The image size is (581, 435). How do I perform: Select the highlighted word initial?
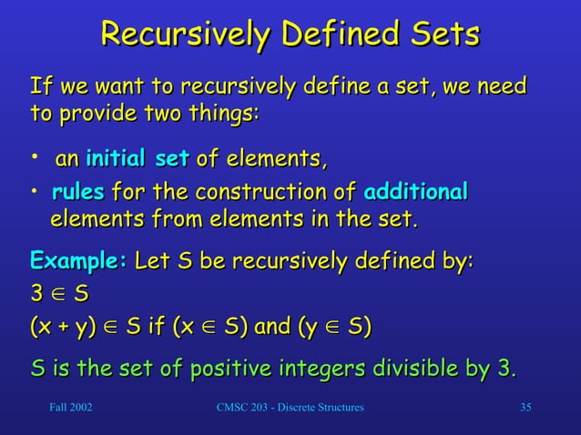[x=117, y=161]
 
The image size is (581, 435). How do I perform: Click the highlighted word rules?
[x=78, y=192]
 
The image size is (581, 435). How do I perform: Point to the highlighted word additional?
[x=416, y=192]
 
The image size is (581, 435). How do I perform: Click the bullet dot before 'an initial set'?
[x=35, y=160]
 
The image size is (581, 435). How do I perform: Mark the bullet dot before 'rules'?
[x=35, y=192]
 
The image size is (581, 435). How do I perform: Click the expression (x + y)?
[x=64, y=326]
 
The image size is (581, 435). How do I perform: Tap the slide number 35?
[x=525, y=407]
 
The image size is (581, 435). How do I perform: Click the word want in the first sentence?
[x=116, y=87]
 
